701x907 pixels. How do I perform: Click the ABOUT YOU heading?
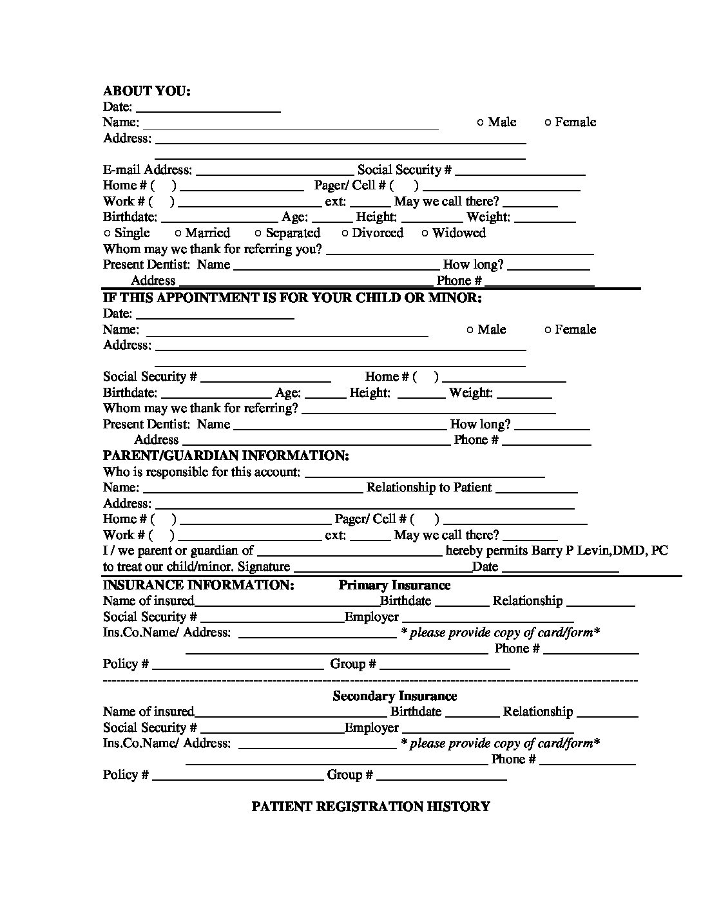click(x=146, y=91)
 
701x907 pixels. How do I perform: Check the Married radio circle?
click(x=178, y=234)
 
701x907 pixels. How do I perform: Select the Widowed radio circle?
click(x=425, y=234)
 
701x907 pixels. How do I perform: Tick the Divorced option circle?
click(x=345, y=234)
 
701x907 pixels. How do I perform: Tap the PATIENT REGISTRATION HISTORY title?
click(x=370, y=807)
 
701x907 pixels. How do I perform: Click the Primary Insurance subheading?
click(x=394, y=585)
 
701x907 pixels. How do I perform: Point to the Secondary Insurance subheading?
click(x=394, y=696)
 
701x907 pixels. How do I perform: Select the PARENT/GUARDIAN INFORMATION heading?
click(x=226, y=455)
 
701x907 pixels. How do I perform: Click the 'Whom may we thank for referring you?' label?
click(x=213, y=249)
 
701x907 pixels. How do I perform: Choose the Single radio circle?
click(x=108, y=234)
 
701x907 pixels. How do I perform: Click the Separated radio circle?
click(x=258, y=234)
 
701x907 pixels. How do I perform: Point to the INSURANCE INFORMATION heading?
click(x=198, y=585)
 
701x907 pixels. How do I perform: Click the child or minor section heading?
click(x=292, y=298)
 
